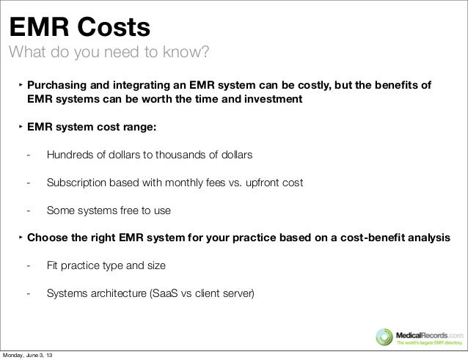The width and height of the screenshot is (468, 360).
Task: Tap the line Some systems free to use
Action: pos(109,210)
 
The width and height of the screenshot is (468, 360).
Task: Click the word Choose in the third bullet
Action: pos(48,238)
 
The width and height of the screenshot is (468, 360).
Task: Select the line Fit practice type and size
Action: pos(106,265)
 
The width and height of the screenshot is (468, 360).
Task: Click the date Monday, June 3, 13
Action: pos(32,355)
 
